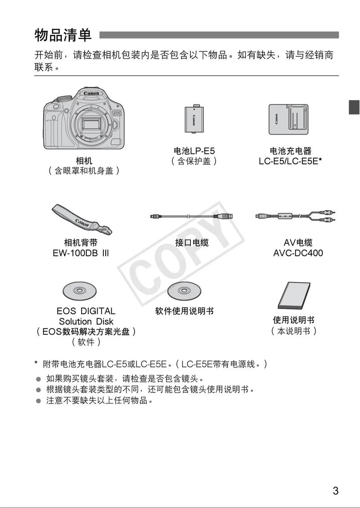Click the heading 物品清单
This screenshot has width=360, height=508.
[63, 35]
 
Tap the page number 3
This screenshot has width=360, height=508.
[335, 490]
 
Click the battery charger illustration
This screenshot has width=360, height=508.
[288, 119]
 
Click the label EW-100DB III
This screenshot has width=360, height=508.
[81, 253]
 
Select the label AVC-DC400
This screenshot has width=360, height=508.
[298, 253]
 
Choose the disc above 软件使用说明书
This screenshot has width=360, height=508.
[184, 291]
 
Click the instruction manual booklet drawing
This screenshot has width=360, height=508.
[294, 297]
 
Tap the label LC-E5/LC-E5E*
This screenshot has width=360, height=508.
[290, 161]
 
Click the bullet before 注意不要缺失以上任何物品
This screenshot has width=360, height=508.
[38, 400]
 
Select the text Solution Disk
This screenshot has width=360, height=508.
[86, 321]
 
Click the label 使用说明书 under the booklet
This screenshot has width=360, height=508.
[293, 320]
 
